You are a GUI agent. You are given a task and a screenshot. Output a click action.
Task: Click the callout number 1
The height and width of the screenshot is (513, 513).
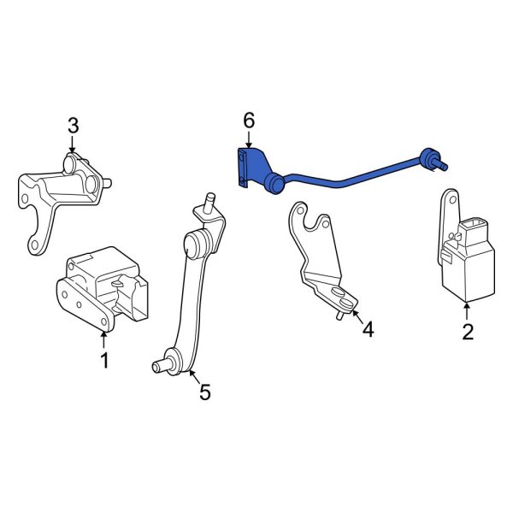(104, 361)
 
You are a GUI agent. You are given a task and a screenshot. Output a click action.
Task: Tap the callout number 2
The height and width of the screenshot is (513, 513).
(468, 332)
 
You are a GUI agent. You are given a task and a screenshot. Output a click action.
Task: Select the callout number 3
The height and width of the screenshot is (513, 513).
(73, 127)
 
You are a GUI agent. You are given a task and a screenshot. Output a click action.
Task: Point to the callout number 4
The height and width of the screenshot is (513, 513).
(368, 328)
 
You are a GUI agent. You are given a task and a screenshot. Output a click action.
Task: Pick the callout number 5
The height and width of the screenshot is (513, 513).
(204, 392)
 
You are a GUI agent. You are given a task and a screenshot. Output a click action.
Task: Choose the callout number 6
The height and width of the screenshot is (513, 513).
(249, 121)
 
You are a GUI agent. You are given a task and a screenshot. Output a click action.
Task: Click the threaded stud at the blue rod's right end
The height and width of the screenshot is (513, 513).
(441, 162)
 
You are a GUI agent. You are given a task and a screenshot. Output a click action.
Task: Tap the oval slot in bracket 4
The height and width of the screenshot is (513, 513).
(340, 297)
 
